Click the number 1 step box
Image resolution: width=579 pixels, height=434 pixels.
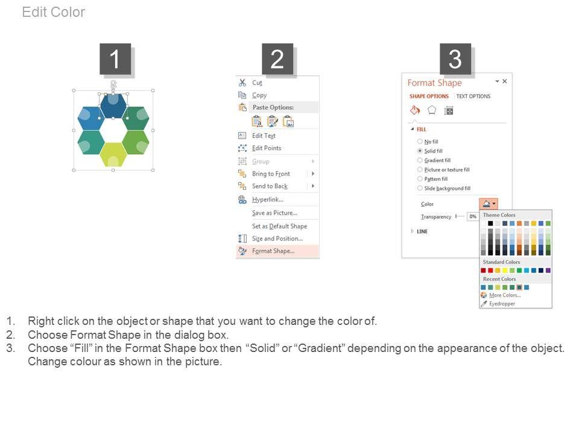pos(115,58)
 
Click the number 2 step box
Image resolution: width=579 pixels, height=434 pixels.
pos(277,58)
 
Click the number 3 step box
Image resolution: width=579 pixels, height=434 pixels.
pos(455,58)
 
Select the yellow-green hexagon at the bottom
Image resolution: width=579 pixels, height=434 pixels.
pos(113,154)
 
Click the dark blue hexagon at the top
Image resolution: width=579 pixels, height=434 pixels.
pos(113,106)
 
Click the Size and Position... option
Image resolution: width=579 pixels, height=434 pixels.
pos(277,239)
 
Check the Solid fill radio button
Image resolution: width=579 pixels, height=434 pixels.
pos(420,151)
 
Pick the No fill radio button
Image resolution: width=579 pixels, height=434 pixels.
pos(420,141)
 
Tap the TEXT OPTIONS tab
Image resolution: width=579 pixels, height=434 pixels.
pos(473,96)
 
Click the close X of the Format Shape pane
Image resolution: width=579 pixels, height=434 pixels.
pos(504,81)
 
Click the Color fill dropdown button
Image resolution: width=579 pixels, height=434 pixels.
pos(489,204)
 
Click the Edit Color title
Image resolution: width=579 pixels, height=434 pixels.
pos(54,12)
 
